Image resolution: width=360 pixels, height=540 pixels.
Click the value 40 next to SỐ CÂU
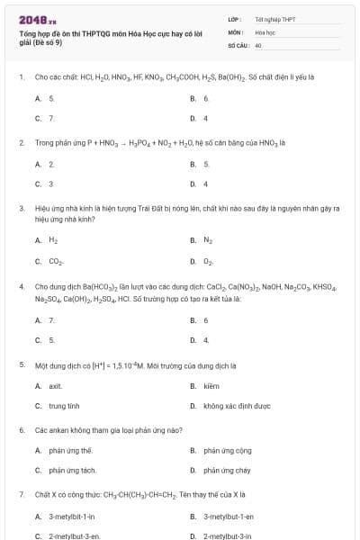tap(257, 44)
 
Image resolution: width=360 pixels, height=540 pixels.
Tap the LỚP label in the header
tap(233, 19)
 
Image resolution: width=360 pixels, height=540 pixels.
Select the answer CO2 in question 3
tap(55, 261)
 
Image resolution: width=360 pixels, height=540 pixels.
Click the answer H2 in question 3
tap(53, 240)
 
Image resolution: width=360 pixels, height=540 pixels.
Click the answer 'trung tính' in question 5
tap(64, 406)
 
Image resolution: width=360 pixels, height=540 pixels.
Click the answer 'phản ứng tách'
tap(72, 470)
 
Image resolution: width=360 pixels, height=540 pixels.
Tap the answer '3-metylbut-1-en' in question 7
tap(229, 517)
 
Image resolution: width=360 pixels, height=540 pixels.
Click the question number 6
tap(21, 430)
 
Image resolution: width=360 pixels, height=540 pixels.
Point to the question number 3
tap(21, 207)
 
